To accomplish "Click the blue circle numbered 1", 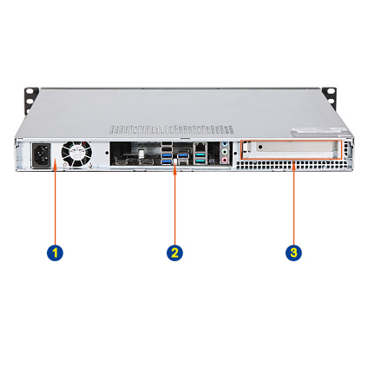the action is click(55, 253).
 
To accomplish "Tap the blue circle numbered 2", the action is click(174, 253).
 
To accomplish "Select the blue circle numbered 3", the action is click(293, 253).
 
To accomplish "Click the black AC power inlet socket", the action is click(41, 155).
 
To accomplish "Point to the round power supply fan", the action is click(76, 154).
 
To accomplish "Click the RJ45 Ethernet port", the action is click(200, 148).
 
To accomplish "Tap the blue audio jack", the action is click(224, 144).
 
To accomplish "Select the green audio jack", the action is click(224, 152).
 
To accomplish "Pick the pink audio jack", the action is click(224, 160).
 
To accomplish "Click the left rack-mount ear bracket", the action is click(30, 100).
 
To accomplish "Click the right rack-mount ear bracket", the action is click(330, 98).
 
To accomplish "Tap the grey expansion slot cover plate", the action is click(290, 150).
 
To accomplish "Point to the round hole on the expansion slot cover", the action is click(260, 147).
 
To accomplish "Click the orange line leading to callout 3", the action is click(293, 202).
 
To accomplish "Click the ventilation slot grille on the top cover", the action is click(171, 129).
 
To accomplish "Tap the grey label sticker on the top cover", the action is click(318, 132).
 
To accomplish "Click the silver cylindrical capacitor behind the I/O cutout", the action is click(141, 154).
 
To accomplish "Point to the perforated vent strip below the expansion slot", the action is click(291, 165).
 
